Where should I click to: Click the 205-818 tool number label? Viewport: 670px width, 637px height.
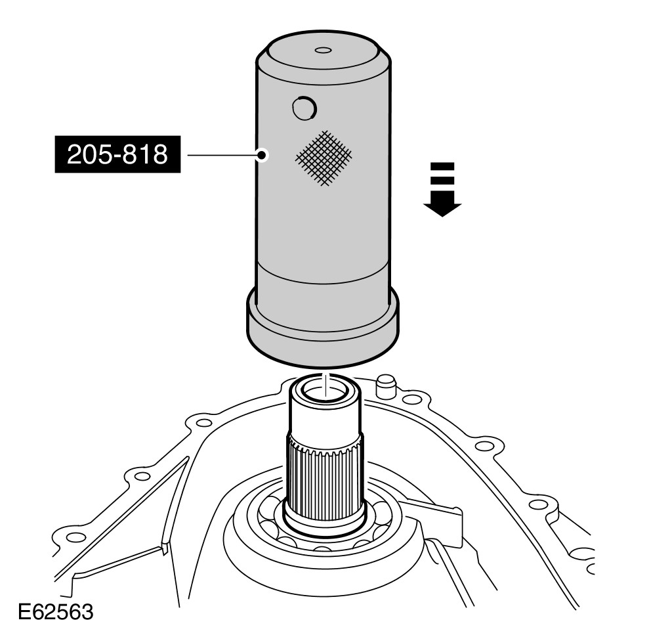[117, 154]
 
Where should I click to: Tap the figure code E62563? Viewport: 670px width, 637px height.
[56, 612]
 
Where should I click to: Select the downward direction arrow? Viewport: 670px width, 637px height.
[442, 189]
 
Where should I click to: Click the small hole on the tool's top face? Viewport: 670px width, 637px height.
[323, 51]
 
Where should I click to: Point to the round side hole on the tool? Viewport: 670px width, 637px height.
[304, 108]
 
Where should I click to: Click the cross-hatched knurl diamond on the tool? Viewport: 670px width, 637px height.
[324, 158]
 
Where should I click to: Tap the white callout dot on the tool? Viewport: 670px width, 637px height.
[262, 155]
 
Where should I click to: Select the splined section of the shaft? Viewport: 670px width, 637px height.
[325, 475]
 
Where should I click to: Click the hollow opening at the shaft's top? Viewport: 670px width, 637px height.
[325, 391]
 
